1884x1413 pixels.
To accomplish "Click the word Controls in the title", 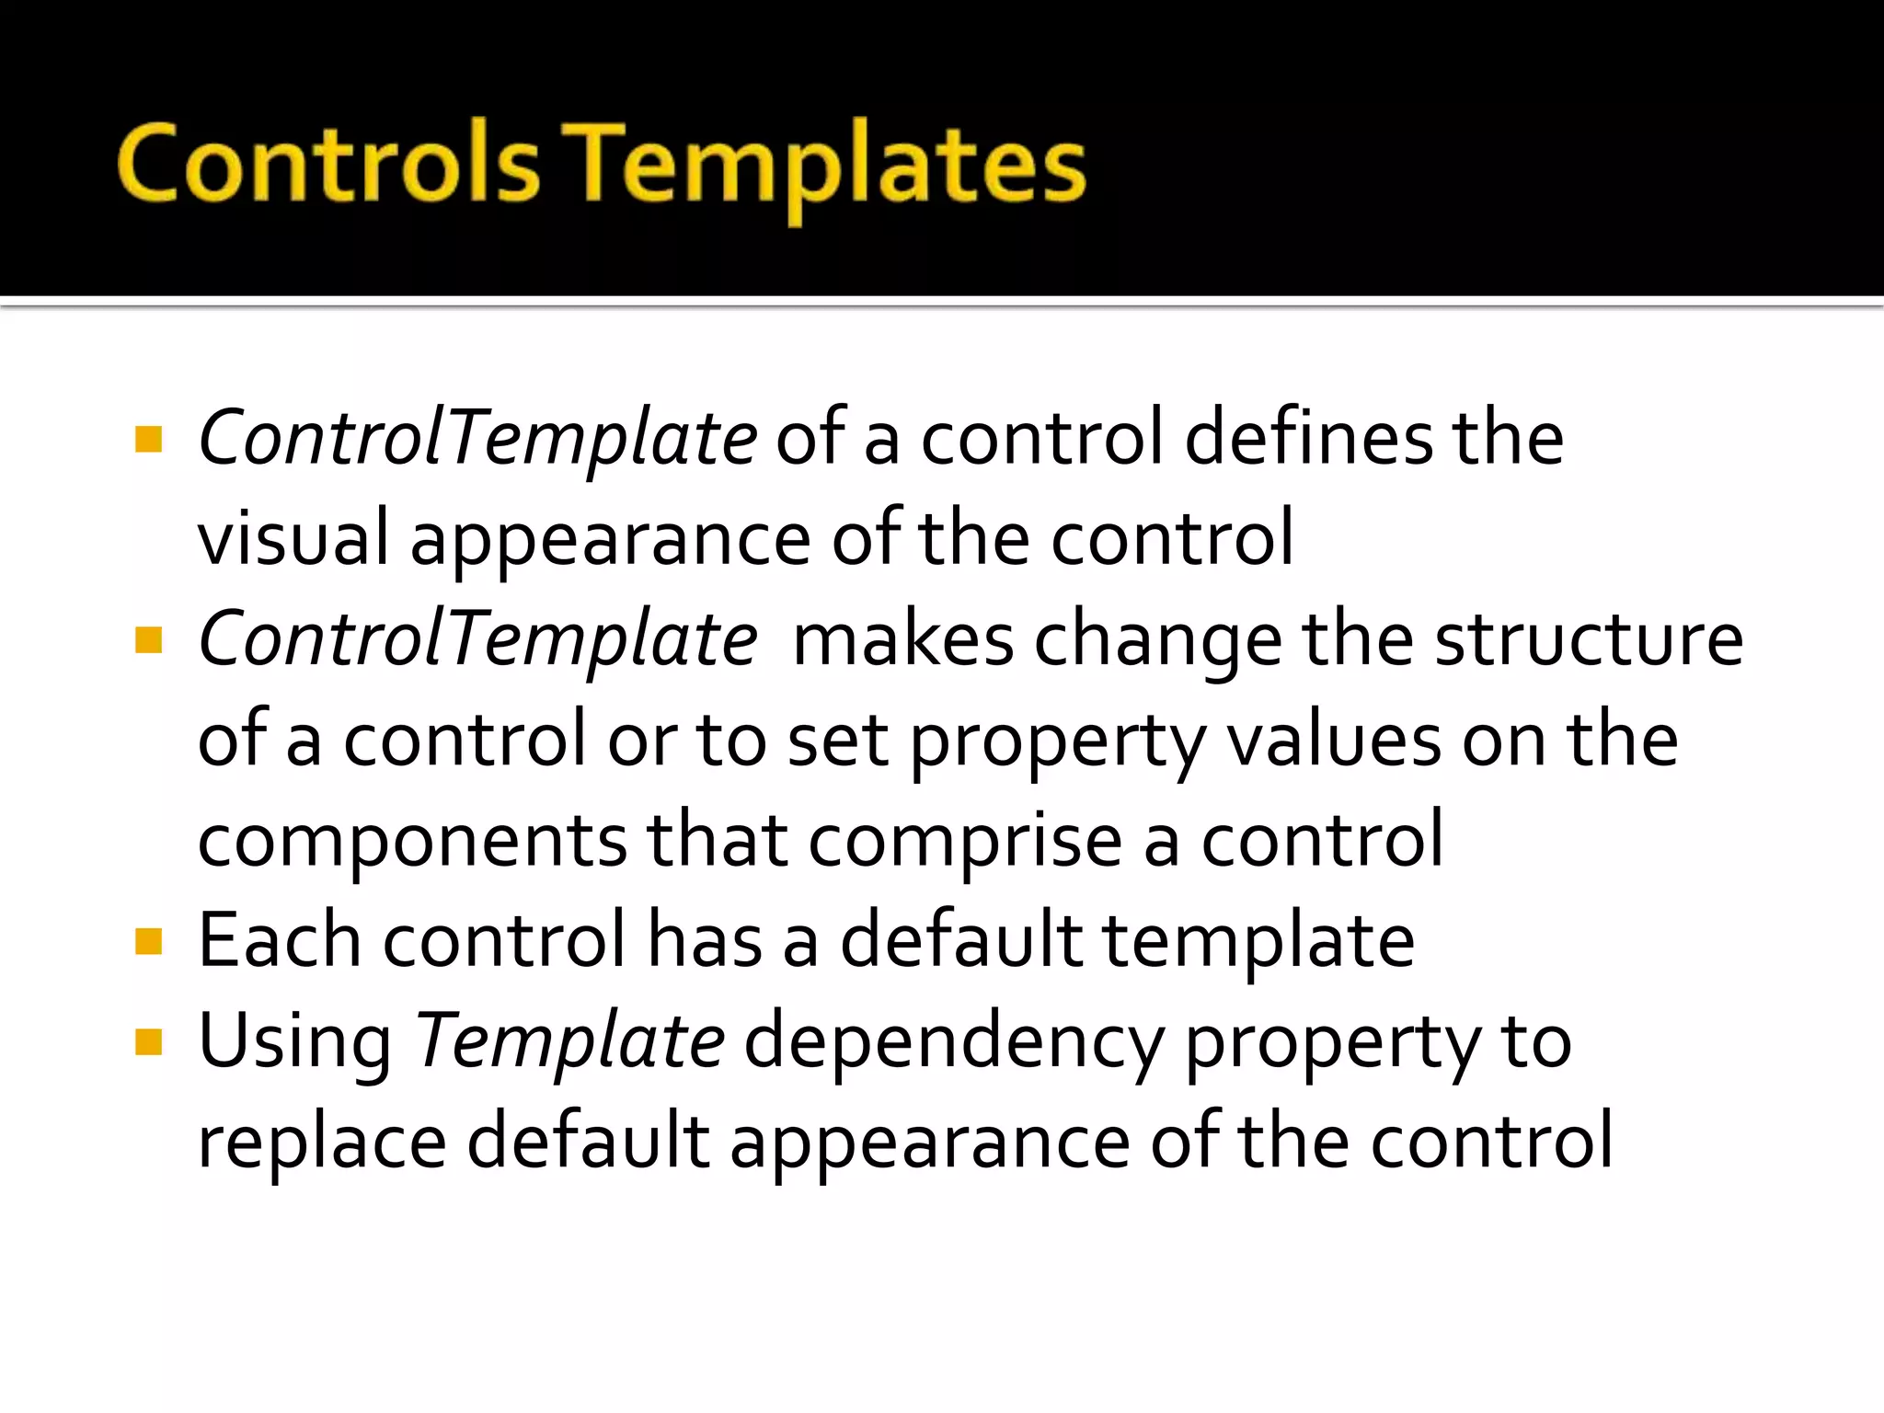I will pyautogui.click(x=327, y=164).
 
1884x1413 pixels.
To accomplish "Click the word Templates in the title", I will pyautogui.click(x=824, y=166).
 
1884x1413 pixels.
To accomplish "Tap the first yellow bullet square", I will pyautogui.click(x=148, y=440).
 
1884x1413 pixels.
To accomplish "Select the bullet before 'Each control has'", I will pyautogui.click(x=148, y=941).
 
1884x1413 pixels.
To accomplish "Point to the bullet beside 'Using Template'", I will pyautogui.click(x=148, y=1042).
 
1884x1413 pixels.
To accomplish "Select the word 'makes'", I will pyautogui.click(x=902, y=639).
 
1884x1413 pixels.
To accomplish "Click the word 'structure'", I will pyautogui.click(x=1589, y=639).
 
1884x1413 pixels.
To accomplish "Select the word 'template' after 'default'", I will pyautogui.click(x=1258, y=942).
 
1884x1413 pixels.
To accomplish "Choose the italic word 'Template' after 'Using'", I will pyautogui.click(x=570, y=1041).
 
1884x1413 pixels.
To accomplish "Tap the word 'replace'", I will pyautogui.click(x=322, y=1143).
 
